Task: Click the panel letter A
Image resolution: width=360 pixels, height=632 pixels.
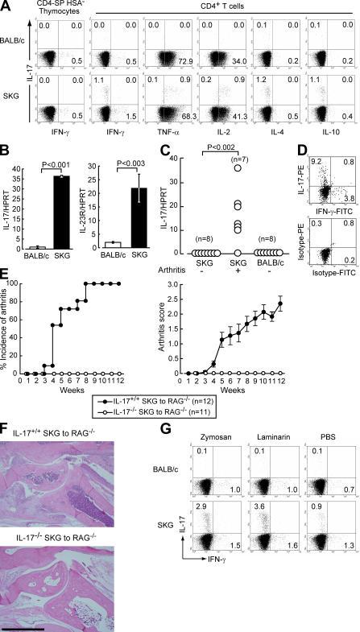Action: pos(6,6)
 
